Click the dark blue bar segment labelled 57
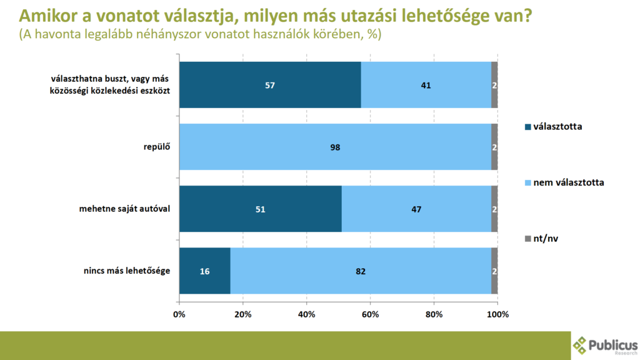point(270,85)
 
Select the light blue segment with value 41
point(426,85)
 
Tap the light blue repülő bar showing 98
point(335,147)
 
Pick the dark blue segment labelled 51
point(261,209)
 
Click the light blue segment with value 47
point(416,209)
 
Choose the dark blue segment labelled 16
point(204,271)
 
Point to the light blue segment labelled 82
point(361,271)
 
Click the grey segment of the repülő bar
point(494,147)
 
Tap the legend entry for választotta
point(553,126)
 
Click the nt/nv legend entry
point(545,239)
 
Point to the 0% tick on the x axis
point(179,314)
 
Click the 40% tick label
point(307,314)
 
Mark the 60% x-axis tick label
point(371,314)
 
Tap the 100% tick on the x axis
point(497,314)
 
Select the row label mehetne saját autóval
point(126,209)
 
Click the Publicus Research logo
point(605,345)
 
